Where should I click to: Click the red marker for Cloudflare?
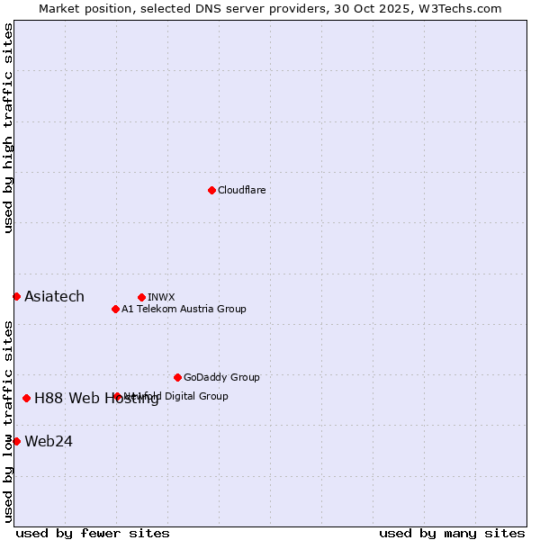coord(211,190)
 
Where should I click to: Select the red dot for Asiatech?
coord(16,296)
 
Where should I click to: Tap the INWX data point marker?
coord(141,297)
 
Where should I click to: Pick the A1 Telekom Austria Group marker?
coord(115,309)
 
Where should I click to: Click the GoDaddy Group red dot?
coord(177,377)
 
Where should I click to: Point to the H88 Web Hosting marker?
coord(26,398)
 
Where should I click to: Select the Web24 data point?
coord(16,441)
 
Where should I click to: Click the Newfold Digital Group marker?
coord(117,396)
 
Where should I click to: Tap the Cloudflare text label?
coord(241,190)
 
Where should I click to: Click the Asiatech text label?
coord(54,296)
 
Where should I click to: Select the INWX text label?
coord(161,297)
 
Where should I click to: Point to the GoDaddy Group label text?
coord(221,377)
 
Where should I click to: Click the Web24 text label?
coord(49,441)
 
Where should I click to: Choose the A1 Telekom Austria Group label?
coord(184,309)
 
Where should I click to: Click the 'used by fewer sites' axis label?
coord(93,533)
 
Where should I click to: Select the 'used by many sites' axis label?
coord(452,533)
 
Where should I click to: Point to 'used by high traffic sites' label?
coord(8,128)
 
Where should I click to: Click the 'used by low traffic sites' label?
coord(8,421)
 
